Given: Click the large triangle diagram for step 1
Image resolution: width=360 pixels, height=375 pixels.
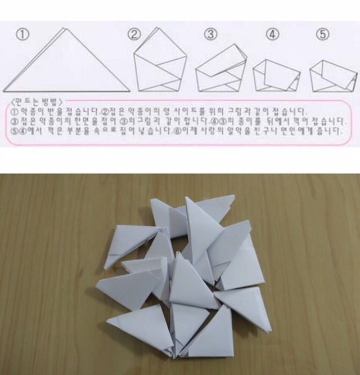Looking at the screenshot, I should pos(66,65).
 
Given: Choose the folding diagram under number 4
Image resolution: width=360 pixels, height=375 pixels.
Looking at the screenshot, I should pos(276,74).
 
